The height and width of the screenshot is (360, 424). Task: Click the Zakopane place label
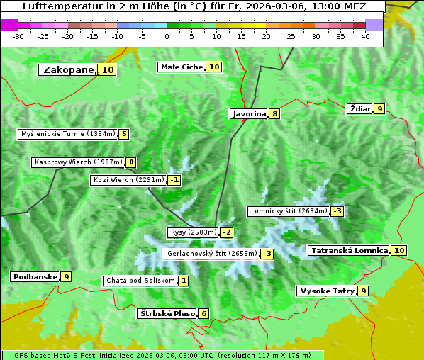[68, 70]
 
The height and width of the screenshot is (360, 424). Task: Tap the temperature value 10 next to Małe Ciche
[213, 67]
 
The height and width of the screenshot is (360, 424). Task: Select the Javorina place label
[249, 113]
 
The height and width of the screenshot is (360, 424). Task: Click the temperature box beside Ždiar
[380, 108]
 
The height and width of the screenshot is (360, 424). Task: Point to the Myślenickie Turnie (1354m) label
[67, 134]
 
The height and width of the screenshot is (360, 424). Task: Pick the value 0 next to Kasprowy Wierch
[130, 162]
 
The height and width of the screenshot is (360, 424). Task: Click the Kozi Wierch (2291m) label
[128, 180]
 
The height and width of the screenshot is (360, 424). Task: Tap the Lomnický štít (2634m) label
[289, 211]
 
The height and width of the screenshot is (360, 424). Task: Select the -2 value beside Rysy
[226, 232]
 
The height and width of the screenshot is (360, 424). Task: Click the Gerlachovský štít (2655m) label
[211, 254]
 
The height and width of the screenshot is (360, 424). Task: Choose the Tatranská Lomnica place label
[348, 250]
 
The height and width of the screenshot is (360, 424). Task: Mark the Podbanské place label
[34, 276]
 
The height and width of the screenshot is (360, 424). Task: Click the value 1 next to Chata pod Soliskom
[183, 281]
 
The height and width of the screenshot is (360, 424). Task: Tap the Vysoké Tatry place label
[326, 291]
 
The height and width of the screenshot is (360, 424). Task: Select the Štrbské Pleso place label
[166, 313]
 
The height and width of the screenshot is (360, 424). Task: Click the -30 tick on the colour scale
[18, 36]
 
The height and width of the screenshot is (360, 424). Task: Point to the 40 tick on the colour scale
[365, 36]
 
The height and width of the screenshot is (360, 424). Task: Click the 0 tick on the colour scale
[167, 36]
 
